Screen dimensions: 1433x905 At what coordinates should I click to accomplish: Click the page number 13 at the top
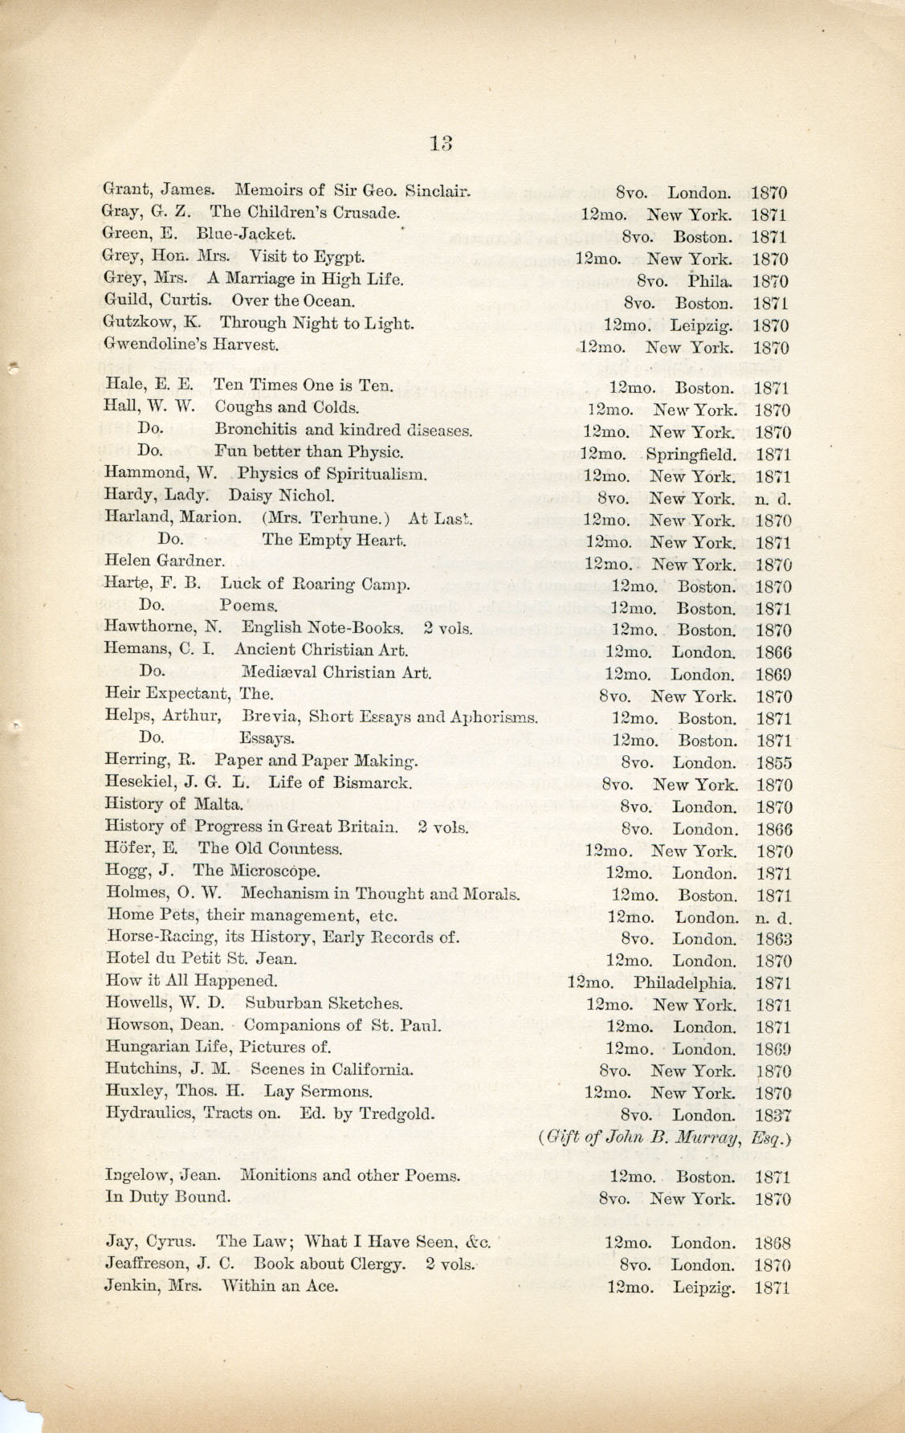coord(442,143)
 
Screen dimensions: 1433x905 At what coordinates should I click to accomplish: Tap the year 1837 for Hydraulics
coord(773,1115)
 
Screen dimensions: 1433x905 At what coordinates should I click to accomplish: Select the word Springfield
coord(690,453)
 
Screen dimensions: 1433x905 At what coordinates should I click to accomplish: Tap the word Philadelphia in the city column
coord(684,982)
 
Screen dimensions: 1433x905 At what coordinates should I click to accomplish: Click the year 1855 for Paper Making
coord(773,763)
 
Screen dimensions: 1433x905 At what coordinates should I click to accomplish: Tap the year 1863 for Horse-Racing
coord(773,939)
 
